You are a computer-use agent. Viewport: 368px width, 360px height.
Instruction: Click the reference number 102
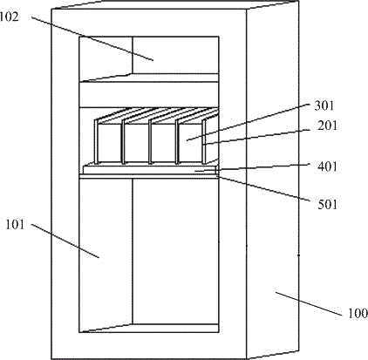click(x=9, y=17)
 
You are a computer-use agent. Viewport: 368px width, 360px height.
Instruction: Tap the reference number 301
click(x=324, y=105)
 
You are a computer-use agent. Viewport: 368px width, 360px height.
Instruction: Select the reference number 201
click(x=327, y=126)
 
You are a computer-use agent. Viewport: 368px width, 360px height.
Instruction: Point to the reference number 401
click(x=327, y=166)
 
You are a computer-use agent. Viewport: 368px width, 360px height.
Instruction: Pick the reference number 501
click(x=327, y=205)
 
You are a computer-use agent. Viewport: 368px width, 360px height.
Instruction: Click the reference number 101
click(x=15, y=225)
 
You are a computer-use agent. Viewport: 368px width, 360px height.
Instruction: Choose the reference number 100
click(x=358, y=313)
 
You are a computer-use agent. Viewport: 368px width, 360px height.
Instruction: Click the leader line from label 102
click(x=92, y=39)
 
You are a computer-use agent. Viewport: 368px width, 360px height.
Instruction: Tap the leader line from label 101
click(x=65, y=241)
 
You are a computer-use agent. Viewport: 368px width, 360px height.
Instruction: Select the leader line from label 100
click(x=309, y=304)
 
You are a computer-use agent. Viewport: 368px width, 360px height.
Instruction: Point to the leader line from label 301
click(x=248, y=123)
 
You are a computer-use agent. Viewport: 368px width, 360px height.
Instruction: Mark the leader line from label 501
click(x=263, y=188)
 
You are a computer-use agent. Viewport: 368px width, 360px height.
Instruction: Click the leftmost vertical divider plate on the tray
click(x=96, y=141)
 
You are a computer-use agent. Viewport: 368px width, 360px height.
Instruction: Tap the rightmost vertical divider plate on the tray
click(x=204, y=141)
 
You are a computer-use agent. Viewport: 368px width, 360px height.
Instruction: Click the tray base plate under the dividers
click(x=150, y=169)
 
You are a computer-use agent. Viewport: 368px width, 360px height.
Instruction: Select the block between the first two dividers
click(x=109, y=143)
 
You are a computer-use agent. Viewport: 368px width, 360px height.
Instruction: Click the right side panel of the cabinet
click(x=273, y=180)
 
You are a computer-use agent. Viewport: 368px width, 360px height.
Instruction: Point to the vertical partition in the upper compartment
click(x=133, y=55)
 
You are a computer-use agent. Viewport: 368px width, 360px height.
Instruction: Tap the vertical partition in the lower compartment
click(x=133, y=251)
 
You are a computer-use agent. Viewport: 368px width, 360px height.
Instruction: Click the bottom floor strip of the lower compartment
click(x=149, y=328)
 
